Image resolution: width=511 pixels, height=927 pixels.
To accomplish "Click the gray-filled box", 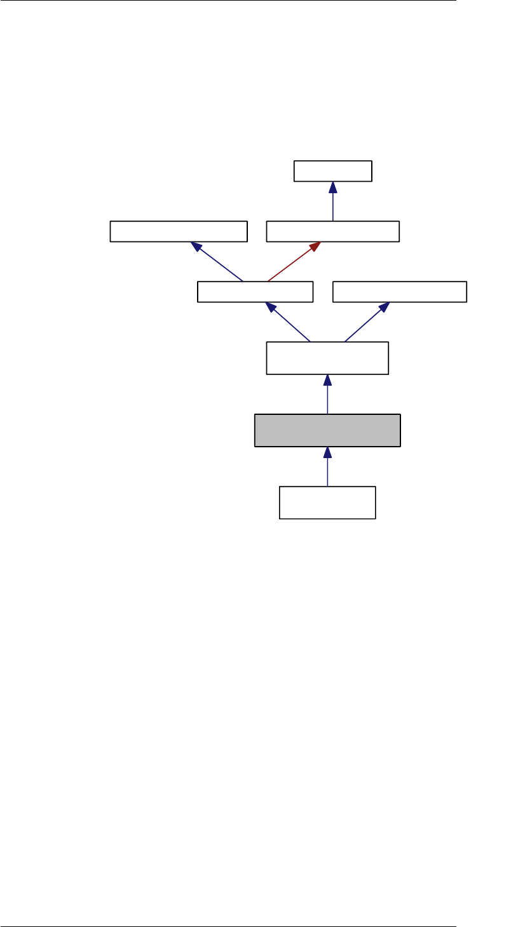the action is (x=327, y=431).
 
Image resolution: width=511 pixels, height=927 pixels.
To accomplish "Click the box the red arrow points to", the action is (x=332, y=232).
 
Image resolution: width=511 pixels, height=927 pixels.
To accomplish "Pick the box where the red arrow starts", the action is (x=255, y=292).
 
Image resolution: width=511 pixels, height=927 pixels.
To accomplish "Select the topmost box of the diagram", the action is (x=332, y=172).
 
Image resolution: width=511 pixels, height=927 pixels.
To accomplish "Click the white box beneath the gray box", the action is (x=327, y=503).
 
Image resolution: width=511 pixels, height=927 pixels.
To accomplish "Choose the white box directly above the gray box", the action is (x=327, y=358).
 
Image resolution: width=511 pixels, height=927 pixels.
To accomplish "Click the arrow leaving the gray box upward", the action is (x=327, y=396).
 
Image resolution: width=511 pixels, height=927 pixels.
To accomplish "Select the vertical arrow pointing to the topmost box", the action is (x=332, y=203).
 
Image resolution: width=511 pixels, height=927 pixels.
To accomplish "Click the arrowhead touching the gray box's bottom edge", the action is (x=327, y=452).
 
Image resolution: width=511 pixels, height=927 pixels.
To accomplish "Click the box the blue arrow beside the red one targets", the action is (x=178, y=232).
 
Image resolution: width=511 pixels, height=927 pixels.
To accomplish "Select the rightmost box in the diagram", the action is (x=400, y=292).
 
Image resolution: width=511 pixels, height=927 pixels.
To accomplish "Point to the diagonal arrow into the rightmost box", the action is (x=366, y=323).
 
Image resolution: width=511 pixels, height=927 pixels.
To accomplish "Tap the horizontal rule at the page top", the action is (x=229, y=1).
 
